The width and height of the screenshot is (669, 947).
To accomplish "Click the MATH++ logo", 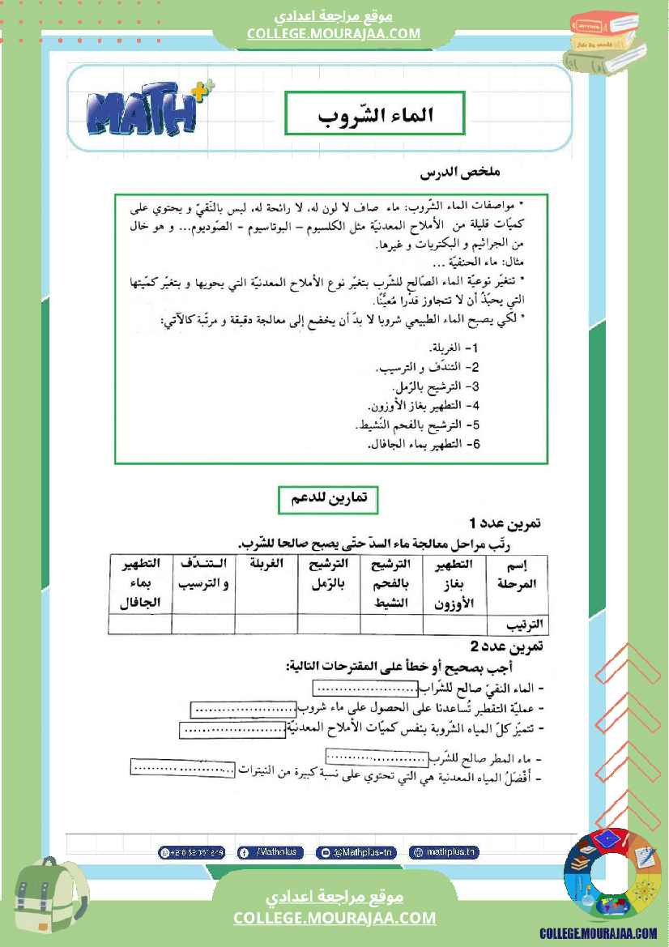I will pos(150,111).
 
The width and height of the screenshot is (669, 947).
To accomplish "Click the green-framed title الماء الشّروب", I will pos(374,113).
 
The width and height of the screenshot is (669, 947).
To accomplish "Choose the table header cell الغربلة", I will pos(266,564).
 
